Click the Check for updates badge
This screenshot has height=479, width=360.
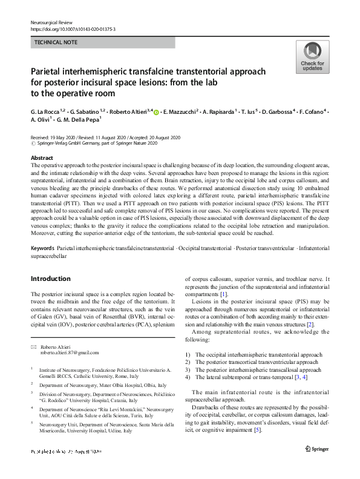(312, 57)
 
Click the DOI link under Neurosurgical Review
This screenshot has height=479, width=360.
(73, 29)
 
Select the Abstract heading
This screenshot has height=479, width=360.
(42, 156)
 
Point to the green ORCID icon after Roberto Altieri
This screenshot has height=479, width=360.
(157, 113)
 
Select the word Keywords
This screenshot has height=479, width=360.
(42, 249)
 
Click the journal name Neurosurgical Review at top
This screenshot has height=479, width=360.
(55, 22)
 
